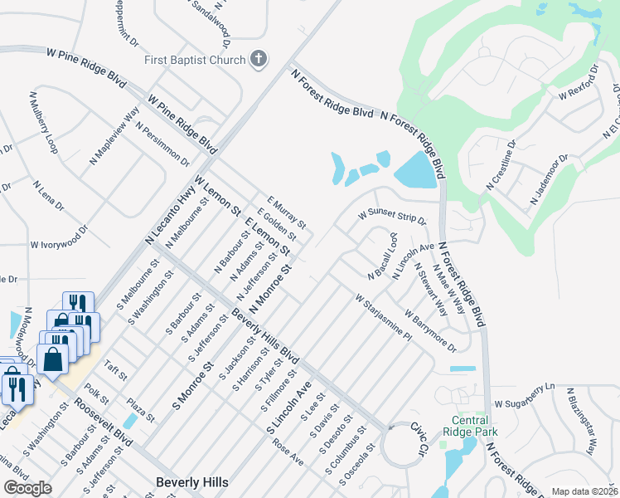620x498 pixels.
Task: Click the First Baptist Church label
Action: (x=195, y=60)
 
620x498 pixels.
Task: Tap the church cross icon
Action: (x=259, y=59)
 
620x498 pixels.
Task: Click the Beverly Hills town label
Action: (x=191, y=481)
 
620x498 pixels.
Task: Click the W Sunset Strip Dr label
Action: (x=392, y=217)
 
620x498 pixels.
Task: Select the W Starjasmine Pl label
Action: (x=383, y=320)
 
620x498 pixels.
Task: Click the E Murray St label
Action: (x=287, y=212)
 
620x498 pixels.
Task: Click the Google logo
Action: (x=27, y=488)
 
